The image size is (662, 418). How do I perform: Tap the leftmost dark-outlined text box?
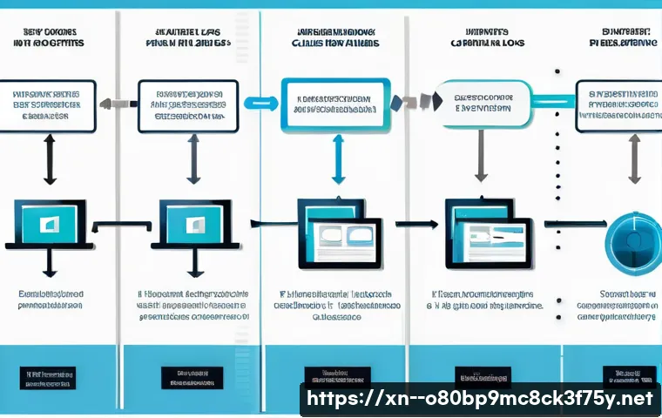[51, 106]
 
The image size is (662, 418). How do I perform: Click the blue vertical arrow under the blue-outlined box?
[334, 160]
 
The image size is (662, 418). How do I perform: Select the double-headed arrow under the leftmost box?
[50, 159]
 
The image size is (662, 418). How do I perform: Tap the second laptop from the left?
[192, 224]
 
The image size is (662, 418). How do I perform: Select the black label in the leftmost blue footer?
[47, 379]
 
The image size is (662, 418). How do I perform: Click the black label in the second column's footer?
[192, 377]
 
